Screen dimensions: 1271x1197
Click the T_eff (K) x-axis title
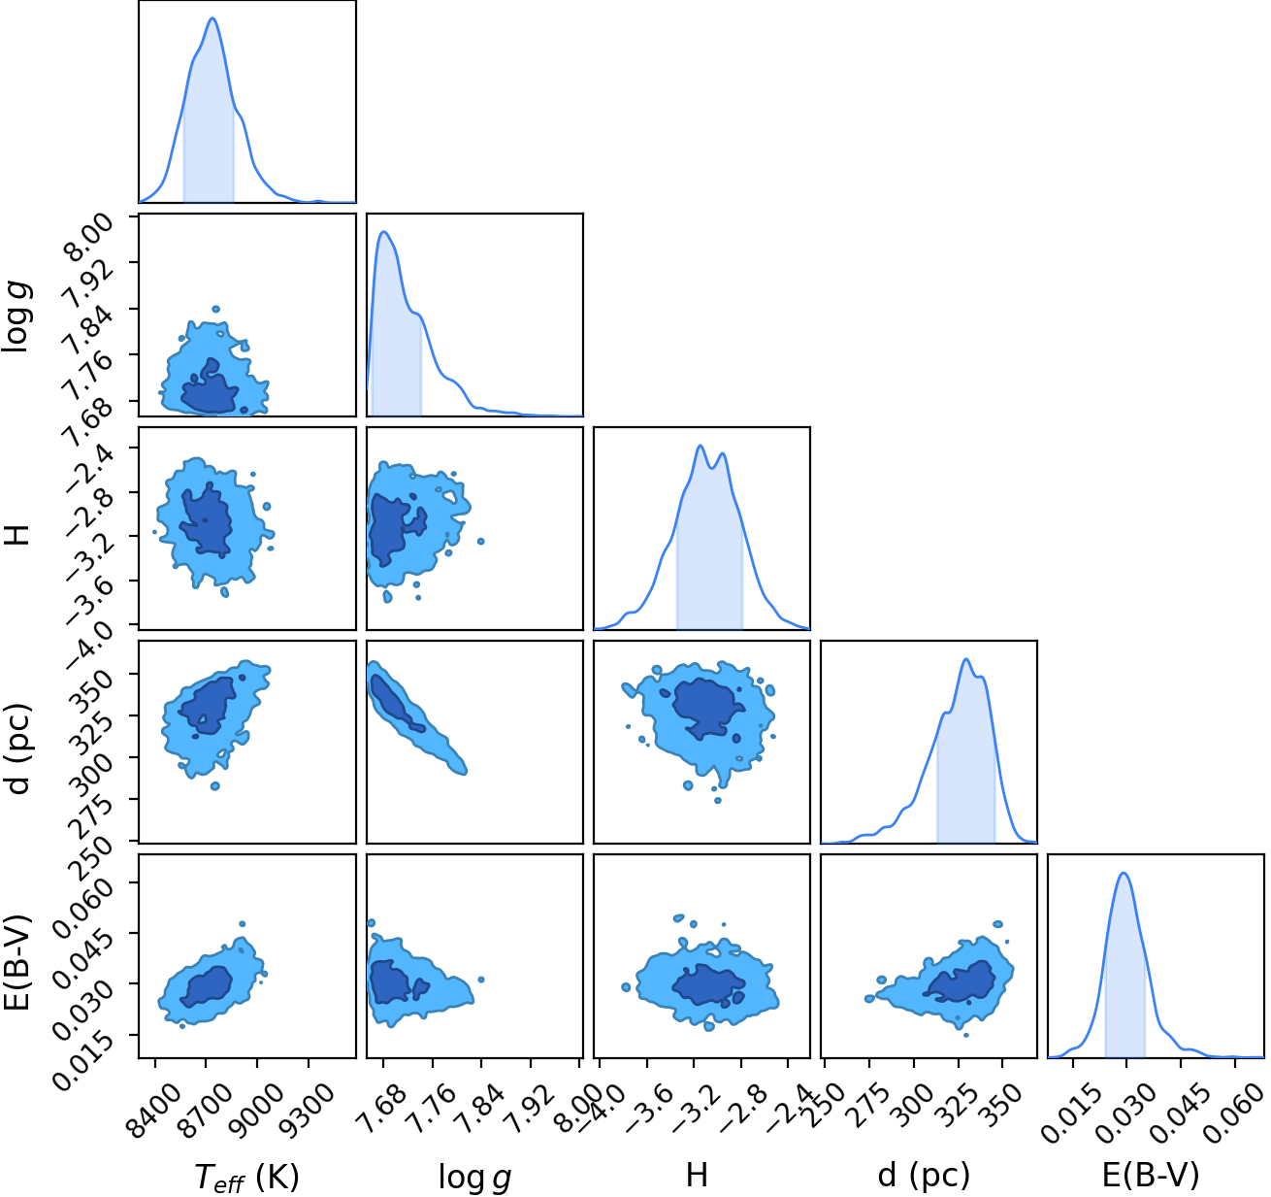[x=247, y=1176]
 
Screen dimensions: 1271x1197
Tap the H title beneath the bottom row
[x=697, y=1175]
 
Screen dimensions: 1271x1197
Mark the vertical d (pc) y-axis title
[x=17, y=748]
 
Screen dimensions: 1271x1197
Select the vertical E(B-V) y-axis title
[x=17, y=961]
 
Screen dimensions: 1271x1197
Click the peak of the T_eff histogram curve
[x=212, y=17]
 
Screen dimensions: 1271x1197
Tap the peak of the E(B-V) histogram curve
[x=1123, y=873]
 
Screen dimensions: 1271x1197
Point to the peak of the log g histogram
[x=383, y=231]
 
